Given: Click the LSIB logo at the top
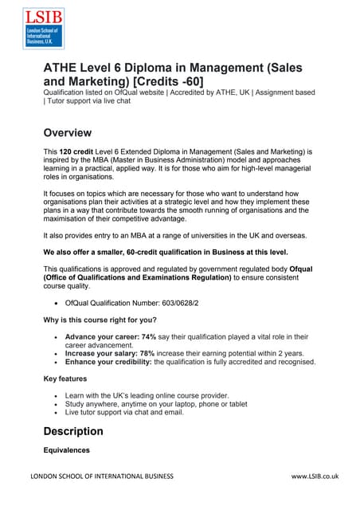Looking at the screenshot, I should (x=43, y=29).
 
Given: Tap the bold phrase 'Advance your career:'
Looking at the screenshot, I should (x=102, y=337).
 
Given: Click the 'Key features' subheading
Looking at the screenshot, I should (x=66, y=379).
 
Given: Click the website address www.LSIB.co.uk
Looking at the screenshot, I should (x=315, y=477).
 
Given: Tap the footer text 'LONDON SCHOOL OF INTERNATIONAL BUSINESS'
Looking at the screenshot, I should (x=101, y=477).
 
